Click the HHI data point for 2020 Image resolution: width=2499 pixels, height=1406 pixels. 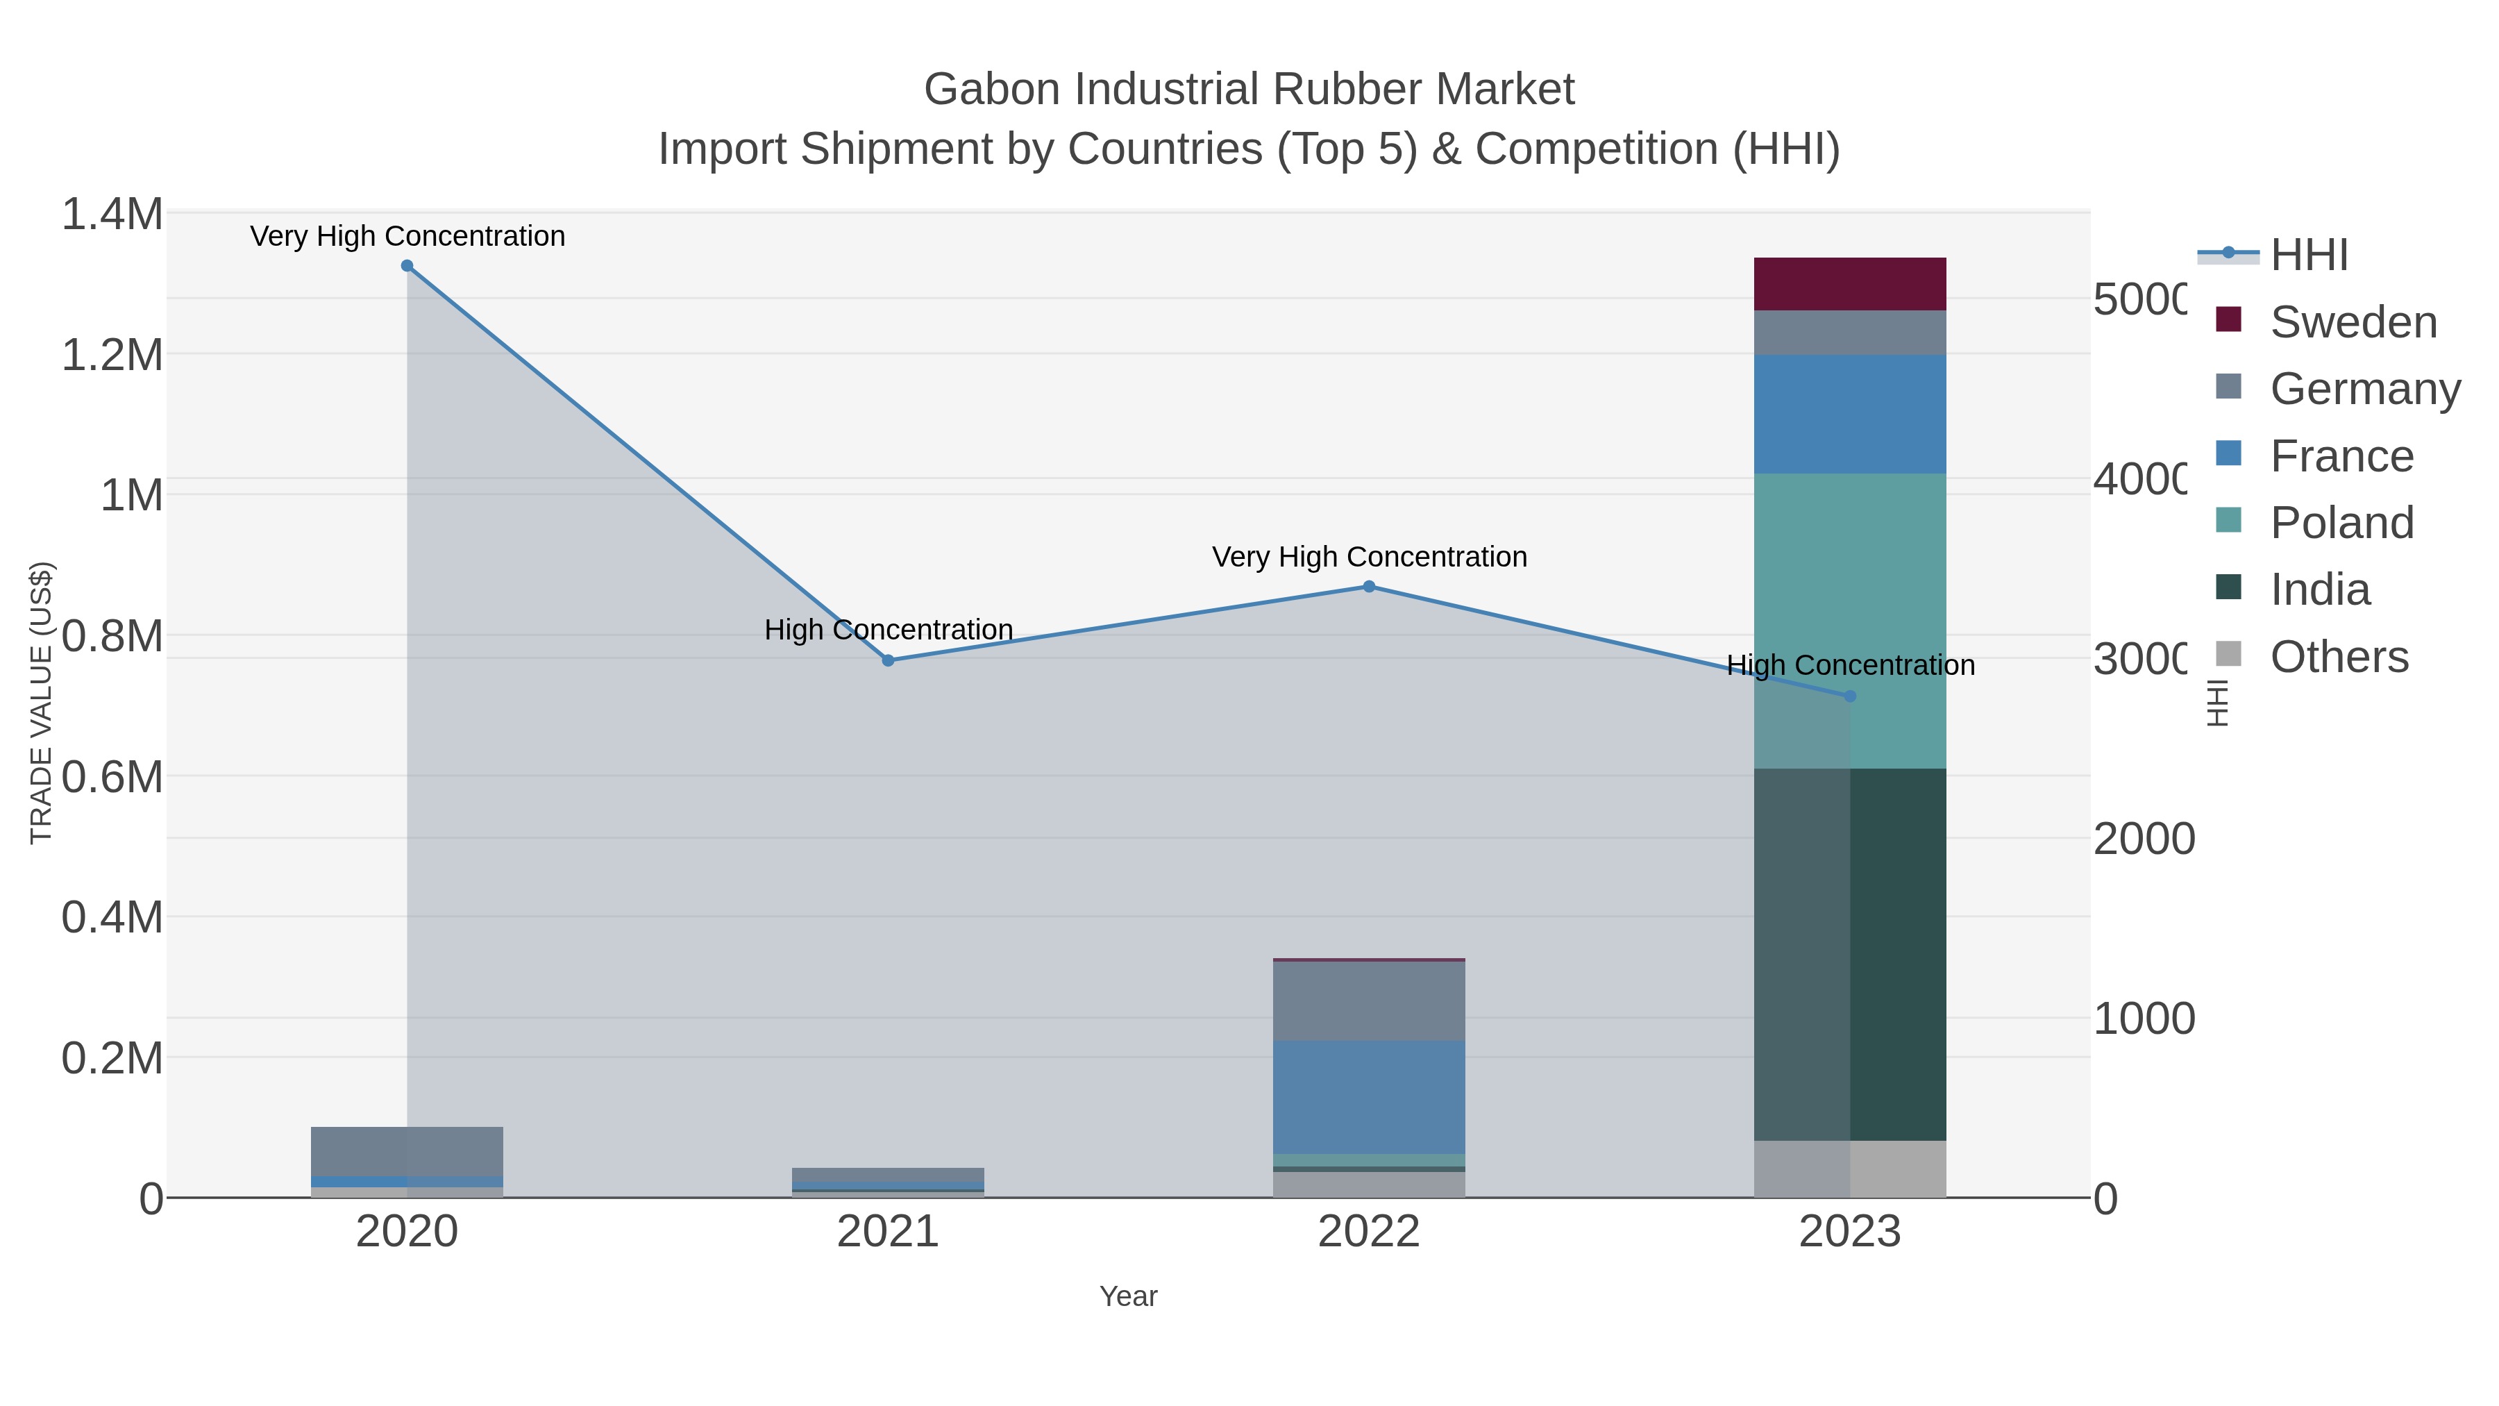[407, 266]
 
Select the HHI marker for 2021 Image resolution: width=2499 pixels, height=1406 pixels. [888, 661]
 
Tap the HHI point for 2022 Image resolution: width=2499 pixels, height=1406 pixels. [1369, 586]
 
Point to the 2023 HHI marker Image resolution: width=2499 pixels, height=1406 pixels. [1849, 696]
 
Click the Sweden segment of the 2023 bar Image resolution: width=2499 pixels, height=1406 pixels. [1849, 284]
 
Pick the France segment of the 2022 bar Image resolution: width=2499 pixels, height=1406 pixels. [1369, 1096]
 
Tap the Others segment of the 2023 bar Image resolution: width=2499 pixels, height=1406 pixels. [1849, 1169]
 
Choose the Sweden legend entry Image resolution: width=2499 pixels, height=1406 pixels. [2353, 322]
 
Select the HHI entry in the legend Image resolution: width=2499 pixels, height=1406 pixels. [2308, 256]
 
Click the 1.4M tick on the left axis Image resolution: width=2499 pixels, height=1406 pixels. [112, 215]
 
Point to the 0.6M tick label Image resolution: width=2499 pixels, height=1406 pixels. [112, 777]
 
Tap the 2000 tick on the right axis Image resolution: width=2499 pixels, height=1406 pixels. [2143, 839]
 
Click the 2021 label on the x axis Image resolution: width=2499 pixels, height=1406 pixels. [888, 1232]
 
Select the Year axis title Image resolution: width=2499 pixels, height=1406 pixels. [1128, 1296]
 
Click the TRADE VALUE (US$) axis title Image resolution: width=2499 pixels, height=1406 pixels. [41, 703]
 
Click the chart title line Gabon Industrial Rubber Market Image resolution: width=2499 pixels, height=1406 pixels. [1249, 90]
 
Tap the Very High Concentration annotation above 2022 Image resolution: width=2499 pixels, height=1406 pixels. [1369, 557]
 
